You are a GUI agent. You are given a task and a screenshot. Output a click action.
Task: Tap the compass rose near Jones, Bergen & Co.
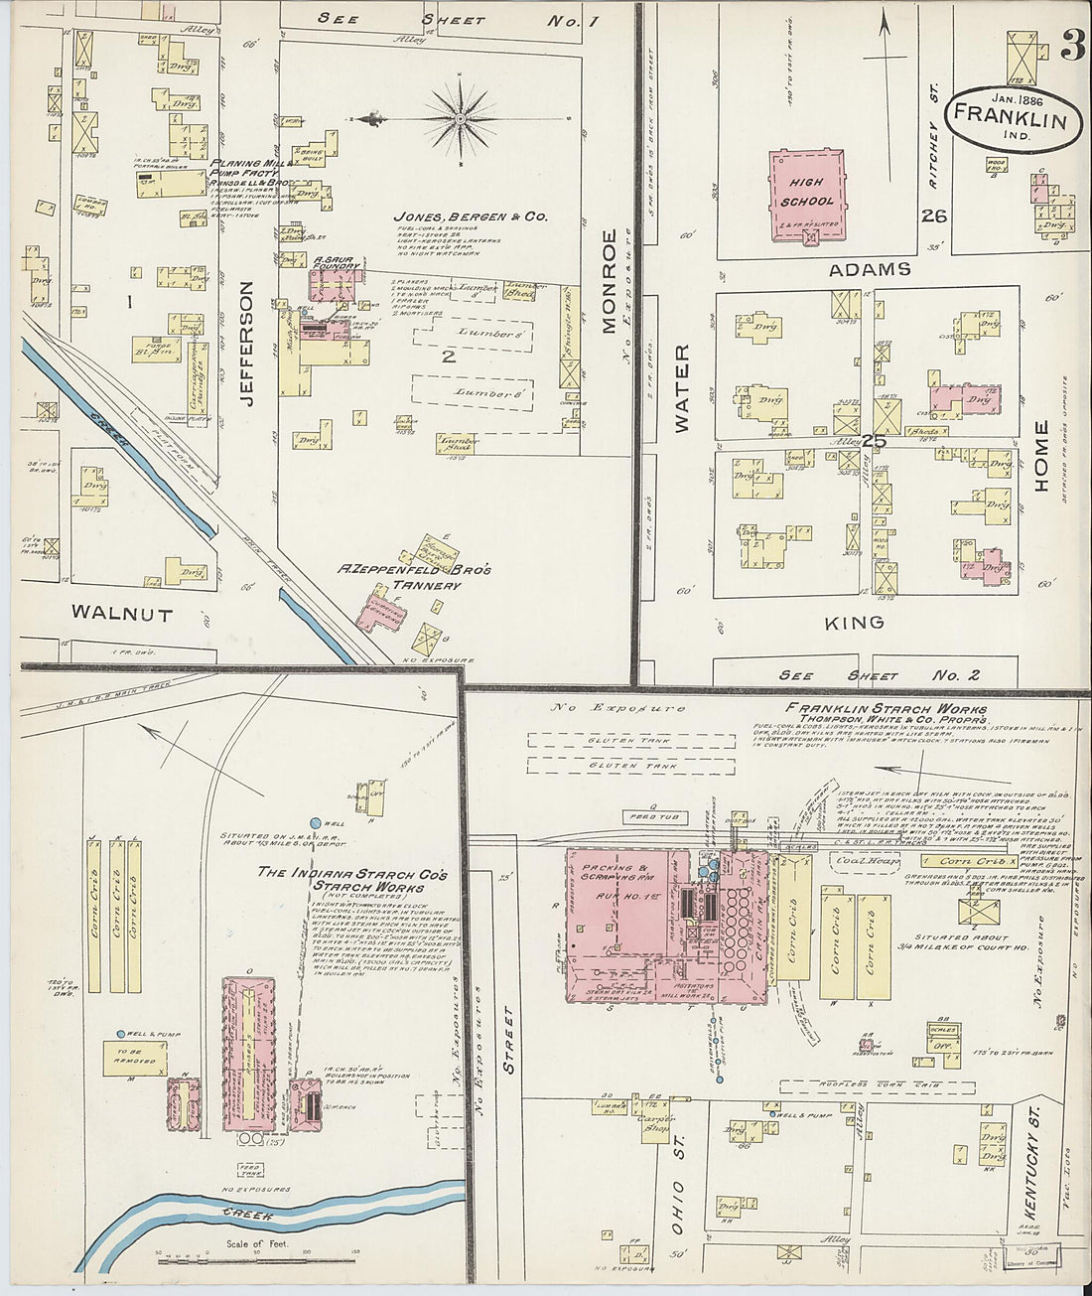coord(461,120)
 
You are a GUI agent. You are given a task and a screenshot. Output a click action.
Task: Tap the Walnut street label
coord(121,615)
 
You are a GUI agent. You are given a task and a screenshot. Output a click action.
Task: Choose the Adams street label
coord(869,269)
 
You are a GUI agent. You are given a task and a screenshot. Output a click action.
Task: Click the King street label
coord(855,623)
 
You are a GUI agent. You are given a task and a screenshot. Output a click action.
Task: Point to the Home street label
coord(1040,457)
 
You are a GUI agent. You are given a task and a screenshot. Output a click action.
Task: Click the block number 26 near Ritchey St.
coord(933,216)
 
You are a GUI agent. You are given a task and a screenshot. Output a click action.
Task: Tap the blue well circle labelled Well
coord(316,823)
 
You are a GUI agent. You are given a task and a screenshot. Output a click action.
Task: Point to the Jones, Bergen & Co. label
coord(457,216)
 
